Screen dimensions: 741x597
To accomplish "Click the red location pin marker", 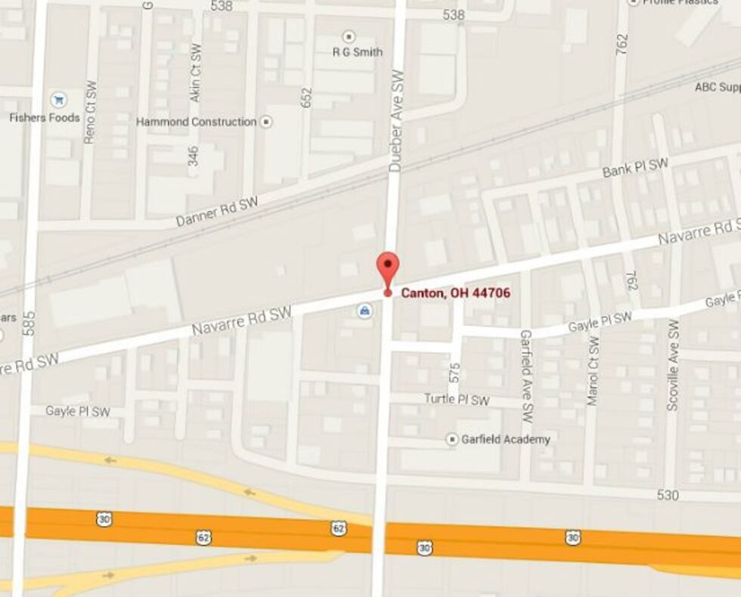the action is tap(388, 269).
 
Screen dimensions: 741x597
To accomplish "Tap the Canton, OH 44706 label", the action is tap(455, 293).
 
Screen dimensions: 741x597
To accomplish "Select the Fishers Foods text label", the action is tap(45, 118).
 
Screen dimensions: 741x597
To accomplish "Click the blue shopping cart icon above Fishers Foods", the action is tap(58, 100).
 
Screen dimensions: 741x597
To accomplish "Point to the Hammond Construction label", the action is tap(196, 122).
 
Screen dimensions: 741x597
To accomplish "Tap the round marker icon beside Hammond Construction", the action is tap(266, 122).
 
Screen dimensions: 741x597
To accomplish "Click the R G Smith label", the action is tap(358, 52).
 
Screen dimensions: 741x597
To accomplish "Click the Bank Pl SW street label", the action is tap(635, 169).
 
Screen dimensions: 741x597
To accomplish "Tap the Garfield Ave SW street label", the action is tap(526, 376).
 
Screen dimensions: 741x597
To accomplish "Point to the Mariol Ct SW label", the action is tap(592, 370).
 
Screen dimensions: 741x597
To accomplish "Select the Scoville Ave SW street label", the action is tap(672, 364).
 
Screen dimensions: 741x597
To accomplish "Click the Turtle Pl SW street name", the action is tap(456, 400).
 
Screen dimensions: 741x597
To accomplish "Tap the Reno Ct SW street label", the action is tap(89, 112).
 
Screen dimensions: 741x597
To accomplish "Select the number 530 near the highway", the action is tap(668, 496).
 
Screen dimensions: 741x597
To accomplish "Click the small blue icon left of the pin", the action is tap(364, 311).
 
